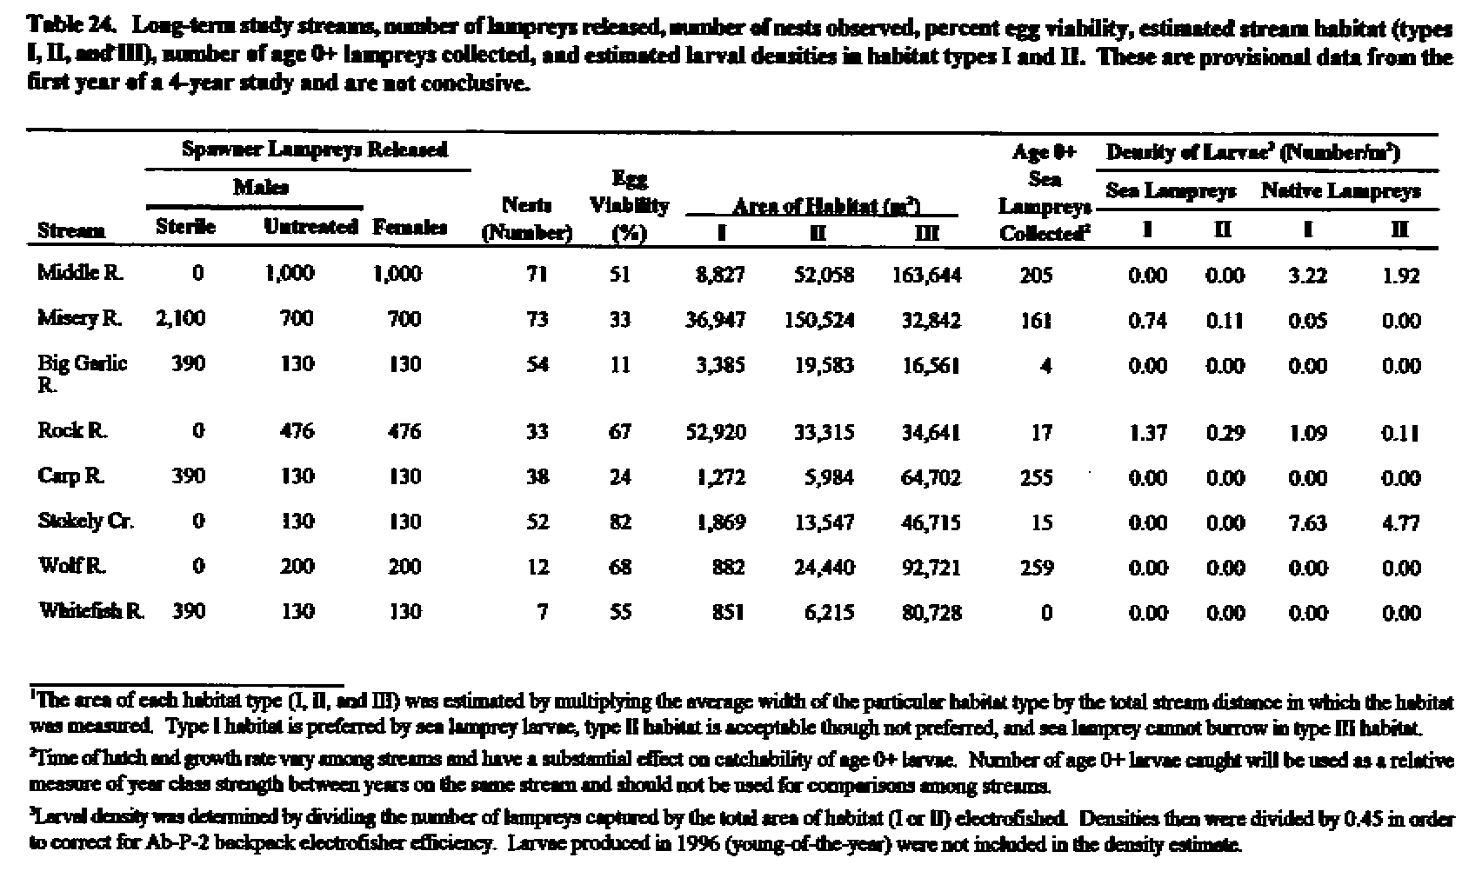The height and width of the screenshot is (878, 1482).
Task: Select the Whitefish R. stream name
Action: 90,611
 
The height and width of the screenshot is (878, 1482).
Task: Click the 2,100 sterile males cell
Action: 181,318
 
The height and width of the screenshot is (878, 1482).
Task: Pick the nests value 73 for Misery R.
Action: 537,319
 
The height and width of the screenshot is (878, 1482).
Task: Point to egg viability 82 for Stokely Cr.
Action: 620,522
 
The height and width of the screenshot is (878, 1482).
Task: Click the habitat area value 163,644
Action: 927,275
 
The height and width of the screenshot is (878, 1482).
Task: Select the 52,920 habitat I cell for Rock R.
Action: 716,432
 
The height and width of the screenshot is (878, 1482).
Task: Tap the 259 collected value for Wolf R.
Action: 1036,568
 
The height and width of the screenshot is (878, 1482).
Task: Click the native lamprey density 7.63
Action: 1308,522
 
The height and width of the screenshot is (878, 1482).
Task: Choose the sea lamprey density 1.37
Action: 1147,432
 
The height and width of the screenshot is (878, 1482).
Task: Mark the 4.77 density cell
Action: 1401,522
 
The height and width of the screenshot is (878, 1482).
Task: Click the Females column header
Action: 410,228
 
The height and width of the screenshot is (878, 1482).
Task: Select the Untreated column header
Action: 310,228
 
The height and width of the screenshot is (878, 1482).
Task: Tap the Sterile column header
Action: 185,228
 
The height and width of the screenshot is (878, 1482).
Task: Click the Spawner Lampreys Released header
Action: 314,150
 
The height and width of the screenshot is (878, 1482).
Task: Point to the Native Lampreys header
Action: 1341,190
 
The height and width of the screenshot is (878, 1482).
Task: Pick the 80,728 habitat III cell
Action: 931,612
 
